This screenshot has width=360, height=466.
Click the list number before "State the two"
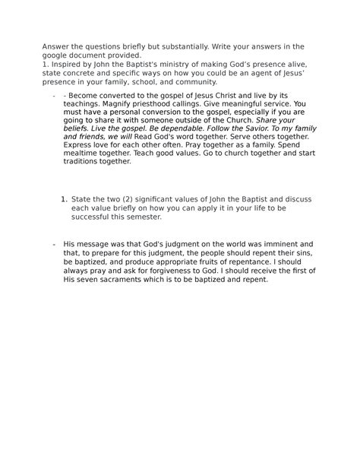(63, 199)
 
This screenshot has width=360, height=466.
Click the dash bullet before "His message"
(54, 243)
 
